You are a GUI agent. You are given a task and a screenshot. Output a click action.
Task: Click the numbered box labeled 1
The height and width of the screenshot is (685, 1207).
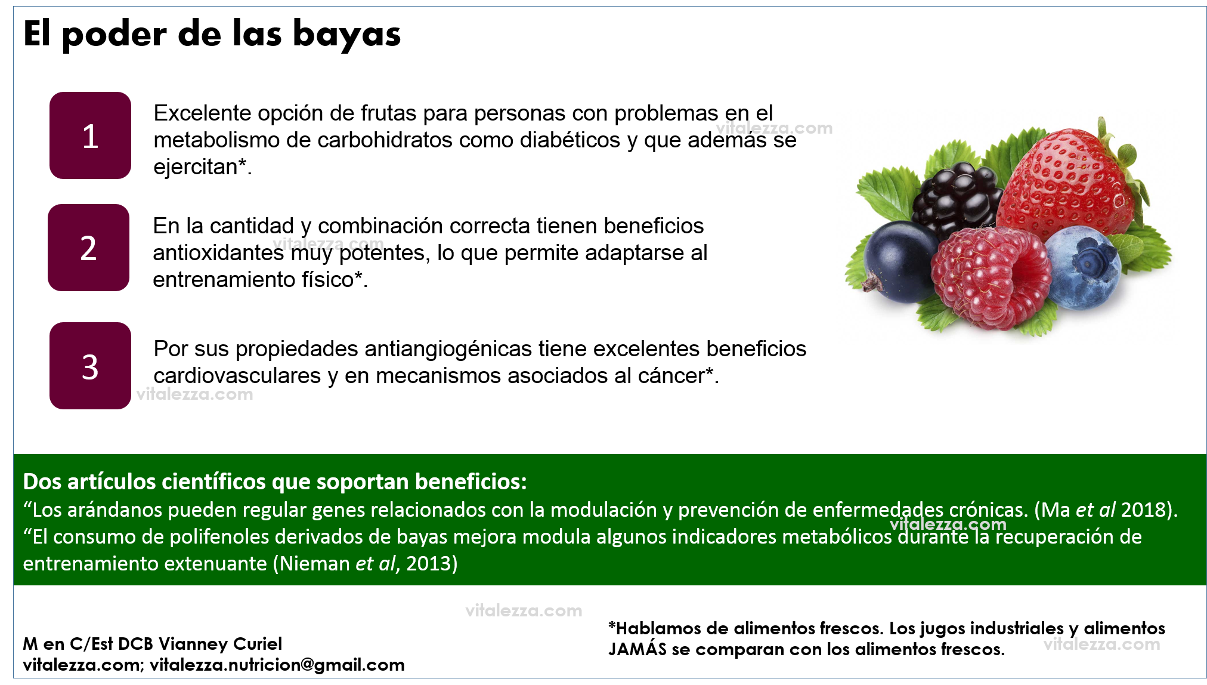[x=90, y=135]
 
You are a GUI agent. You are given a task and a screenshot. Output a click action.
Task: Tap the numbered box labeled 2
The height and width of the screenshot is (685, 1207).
[x=88, y=248]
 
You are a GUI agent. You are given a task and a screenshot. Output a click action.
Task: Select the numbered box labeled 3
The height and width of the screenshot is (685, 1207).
[x=90, y=366]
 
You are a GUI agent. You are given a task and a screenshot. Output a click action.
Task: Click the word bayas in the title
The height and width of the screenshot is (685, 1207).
[x=346, y=35]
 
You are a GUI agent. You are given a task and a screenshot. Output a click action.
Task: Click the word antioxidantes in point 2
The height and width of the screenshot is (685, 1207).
[x=218, y=253]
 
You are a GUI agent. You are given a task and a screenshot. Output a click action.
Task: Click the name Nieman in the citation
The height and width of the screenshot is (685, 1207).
[x=315, y=563]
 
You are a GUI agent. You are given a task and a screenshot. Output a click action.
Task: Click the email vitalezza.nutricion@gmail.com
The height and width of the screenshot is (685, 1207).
[x=277, y=665]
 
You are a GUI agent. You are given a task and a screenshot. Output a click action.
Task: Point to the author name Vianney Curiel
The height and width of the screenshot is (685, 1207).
[x=221, y=644]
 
